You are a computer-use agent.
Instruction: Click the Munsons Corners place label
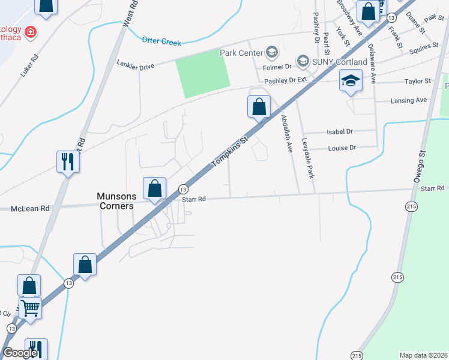point(116,200)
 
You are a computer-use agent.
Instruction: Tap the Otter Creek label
point(161,40)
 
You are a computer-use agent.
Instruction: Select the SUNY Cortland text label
point(340,62)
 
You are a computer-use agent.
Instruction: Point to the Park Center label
point(241,53)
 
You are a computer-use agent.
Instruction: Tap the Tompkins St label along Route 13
point(229,152)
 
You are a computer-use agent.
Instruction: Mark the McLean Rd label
point(29,209)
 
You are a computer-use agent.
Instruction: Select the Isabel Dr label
point(340,131)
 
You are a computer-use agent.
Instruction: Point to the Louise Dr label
point(342,148)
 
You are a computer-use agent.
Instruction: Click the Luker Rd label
point(29,66)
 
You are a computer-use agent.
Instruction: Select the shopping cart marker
point(30,308)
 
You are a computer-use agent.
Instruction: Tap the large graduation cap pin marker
point(350,80)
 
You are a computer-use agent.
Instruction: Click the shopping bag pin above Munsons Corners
point(155,188)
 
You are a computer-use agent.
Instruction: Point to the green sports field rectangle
point(202,73)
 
